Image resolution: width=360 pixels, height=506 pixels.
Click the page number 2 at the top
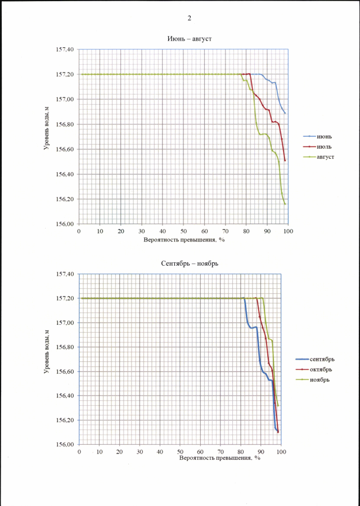pyautogui.click(x=190, y=18)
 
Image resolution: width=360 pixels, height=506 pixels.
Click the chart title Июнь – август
pyautogui.click(x=185, y=38)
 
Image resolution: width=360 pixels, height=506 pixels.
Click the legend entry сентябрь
pyautogui.click(x=322, y=359)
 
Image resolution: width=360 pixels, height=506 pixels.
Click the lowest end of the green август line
pyautogui.click(x=286, y=204)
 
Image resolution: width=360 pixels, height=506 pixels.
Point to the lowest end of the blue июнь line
pyautogui.click(x=286, y=114)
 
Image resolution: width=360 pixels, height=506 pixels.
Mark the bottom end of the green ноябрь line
pyautogui.click(x=278, y=406)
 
